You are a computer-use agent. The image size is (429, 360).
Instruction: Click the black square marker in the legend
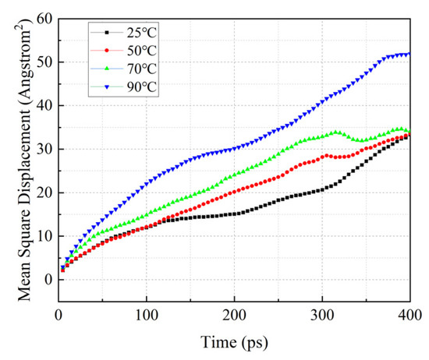tap(105, 33)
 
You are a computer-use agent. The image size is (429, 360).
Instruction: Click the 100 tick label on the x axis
tap(146, 313)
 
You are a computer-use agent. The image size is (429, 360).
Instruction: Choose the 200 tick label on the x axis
tap(234, 313)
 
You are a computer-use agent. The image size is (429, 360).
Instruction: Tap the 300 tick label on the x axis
tap(322, 313)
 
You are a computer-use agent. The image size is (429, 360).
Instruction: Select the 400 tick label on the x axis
tap(409, 313)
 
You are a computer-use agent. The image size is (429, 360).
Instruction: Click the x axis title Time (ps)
tap(234, 341)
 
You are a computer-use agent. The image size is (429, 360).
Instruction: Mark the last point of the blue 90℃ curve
tap(409, 54)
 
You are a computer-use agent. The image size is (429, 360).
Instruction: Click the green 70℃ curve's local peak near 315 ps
tap(335, 132)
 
